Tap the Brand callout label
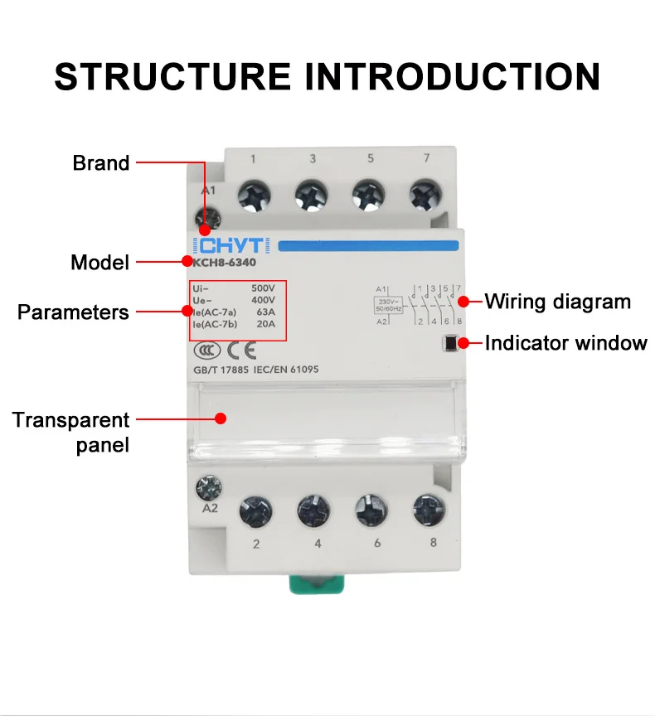(x=101, y=162)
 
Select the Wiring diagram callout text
(x=557, y=301)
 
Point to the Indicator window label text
(x=565, y=342)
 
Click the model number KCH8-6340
(x=225, y=263)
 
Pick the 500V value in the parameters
(x=263, y=287)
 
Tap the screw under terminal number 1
(x=252, y=195)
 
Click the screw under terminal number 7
(x=425, y=195)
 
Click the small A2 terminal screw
(x=203, y=484)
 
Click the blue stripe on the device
(x=367, y=245)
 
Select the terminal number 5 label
(x=370, y=158)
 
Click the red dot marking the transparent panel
(x=221, y=418)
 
